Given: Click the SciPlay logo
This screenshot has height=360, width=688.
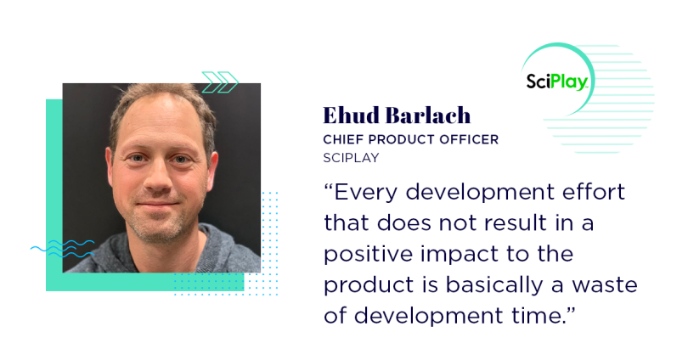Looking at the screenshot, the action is point(557,82).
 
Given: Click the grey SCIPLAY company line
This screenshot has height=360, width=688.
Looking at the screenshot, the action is point(351,158).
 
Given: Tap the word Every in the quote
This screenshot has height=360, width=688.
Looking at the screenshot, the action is point(365,193).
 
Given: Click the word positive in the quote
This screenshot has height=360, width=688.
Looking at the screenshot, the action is point(369,255).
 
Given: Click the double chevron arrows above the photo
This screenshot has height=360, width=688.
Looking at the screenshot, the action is point(220,82).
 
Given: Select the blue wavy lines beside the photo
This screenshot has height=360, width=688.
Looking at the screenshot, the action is point(62,248).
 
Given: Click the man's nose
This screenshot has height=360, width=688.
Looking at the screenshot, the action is point(158,177).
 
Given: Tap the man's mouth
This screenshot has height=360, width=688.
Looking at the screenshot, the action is point(158,205).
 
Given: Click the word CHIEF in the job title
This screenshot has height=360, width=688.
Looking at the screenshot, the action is point(343,139).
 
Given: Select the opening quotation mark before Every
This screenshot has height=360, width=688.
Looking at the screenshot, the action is point(329,187).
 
